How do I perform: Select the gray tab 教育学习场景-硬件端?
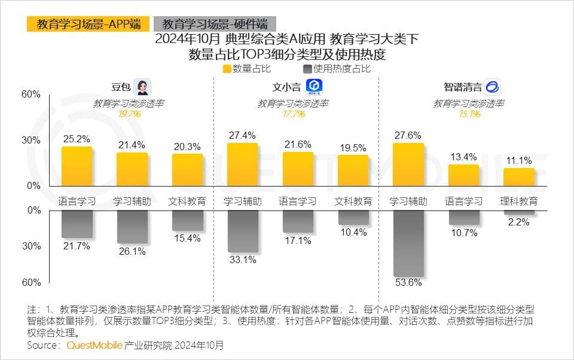[x=215, y=24]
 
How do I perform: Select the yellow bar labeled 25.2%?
[x=77, y=166]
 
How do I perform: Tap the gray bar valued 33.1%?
[x=242, y=231]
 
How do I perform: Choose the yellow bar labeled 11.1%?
[x=519, y=177]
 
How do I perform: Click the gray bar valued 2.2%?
[x=519, y=212]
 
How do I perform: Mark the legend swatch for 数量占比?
[x=227, y=69]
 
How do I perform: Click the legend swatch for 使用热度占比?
[x=308, y=69]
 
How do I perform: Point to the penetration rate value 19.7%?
[x=129, y=114]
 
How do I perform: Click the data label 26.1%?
[x=133, y=252]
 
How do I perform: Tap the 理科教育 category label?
[x=519, y=201]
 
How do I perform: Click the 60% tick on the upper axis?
[x=31, y=94]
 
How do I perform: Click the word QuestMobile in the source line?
[x=94, y=346]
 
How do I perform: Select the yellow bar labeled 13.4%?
[x=464, y=175]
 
